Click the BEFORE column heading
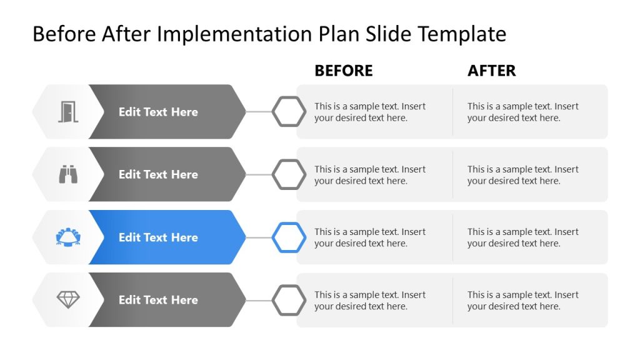click(x=343, y=71)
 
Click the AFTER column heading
click(x=491, y=71)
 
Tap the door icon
click(x=68, y=112)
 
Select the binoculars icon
click(x=68, y=174)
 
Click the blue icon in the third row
click(x=68, y=237)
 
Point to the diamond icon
click(x=68, y=300)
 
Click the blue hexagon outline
click(x=289, y=237)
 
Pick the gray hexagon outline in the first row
click(x=289, y=112)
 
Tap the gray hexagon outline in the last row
click(x=289, y=300)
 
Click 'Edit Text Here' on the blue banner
click(x=158, y=237)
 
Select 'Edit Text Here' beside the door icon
click(x=158, y=112)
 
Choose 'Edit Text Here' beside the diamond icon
click(x=158, y=300)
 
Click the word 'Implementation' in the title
click(x=234, y=34)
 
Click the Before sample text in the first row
click(x=370, y=112)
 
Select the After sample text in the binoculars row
click(x=523, y=175)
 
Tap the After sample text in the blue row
click(x=523, y=237)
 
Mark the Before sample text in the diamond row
click(x=370, y=301)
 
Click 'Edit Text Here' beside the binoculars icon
click(x=158, y=174)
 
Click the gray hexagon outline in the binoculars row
click(x=289, y=174)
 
